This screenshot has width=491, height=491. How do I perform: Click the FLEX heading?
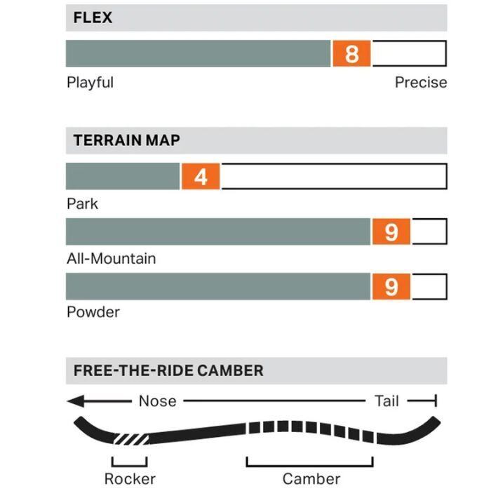[x=93, y=17]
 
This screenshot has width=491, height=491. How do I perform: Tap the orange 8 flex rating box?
[x=352, y=53]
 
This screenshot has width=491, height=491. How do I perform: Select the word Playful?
[x=90, y=82]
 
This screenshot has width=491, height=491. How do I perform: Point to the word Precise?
[x=420, y=82]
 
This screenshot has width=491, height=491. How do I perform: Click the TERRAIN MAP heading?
[x=126, y=140]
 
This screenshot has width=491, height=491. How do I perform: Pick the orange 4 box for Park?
[x=201, y=177]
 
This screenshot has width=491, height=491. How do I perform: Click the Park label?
[x=82, y=204]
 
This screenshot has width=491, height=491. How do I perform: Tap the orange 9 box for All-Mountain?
[x=391, y=231]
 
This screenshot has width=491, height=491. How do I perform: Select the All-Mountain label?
[x=111, y=258]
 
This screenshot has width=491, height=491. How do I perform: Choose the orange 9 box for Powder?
[x=391, y=286]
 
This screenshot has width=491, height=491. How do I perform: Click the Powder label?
[x=93, y=312]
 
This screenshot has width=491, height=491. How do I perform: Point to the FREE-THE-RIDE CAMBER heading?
[x=168, y=370]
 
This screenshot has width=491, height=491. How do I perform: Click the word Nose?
[x=157, y=401]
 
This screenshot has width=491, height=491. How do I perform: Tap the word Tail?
[x=386, y=401]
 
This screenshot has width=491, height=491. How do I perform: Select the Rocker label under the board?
[x=130, y=479]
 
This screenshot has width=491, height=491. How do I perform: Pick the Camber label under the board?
[x=311, y=479]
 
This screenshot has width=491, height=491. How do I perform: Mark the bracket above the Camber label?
[x=309, y=462]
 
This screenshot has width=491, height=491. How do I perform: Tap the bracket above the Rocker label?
[x=129, y=462]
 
